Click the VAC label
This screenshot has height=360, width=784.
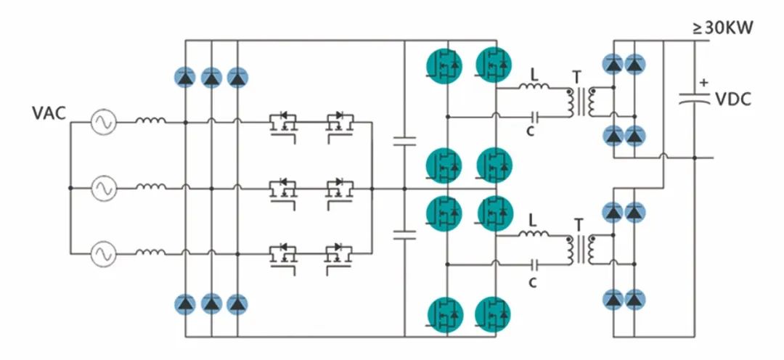point(49,114)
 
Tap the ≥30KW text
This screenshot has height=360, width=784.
point(723,28)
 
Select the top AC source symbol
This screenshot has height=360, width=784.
point(103,123)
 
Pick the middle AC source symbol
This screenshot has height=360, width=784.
point(103,189)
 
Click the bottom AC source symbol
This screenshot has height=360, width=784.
point(103,254)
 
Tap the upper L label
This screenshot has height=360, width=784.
point(534,74)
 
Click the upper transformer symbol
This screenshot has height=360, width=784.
point(579,103)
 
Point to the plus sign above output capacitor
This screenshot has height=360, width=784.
point(703,82)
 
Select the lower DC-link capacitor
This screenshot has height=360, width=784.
point(404,234)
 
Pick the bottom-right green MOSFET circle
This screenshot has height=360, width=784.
point(494,314)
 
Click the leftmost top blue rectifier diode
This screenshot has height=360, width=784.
point(186,77)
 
